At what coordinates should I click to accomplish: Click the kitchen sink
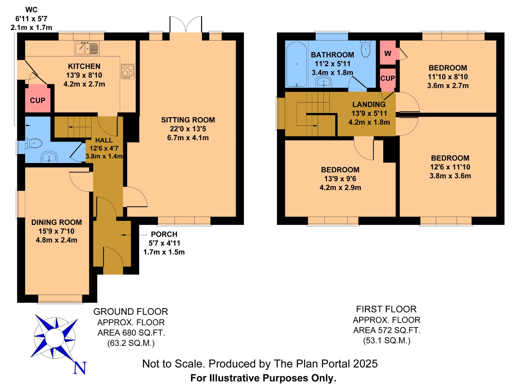[87, 48]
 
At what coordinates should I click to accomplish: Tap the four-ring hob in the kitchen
[128, 71]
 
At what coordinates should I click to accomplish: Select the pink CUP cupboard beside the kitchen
[38, 98]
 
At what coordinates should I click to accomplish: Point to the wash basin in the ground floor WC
[49, 157]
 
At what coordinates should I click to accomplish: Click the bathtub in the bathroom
[296, 65]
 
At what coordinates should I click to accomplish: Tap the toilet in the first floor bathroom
[365, 49]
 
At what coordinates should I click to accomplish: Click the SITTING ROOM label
[188, 120]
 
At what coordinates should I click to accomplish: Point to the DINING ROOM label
[57, 222]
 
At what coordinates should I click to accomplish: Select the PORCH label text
[164, 234]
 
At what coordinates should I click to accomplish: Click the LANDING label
[369, 104]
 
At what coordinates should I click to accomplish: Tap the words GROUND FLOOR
[131, 312]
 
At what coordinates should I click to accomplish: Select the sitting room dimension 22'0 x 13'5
[188, 129]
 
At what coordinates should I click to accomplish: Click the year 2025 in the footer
[365, 364]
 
